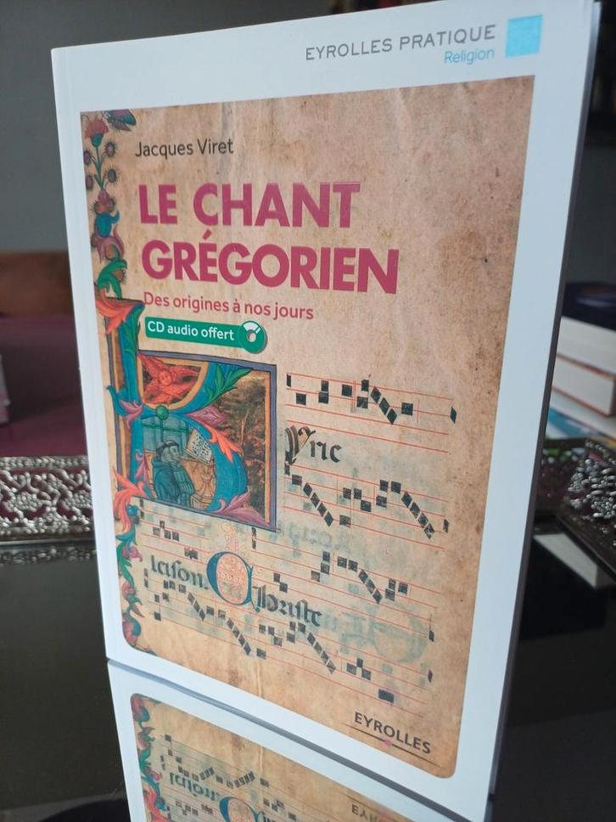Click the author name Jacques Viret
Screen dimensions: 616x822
click(x=184, y=146)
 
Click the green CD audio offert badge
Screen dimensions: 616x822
click(x=204, y=334)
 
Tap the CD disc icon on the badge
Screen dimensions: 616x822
click(x=252, y=337)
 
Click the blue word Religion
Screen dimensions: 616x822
click(x=468, y=56)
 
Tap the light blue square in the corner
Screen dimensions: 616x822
click(x=524, y=35)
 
